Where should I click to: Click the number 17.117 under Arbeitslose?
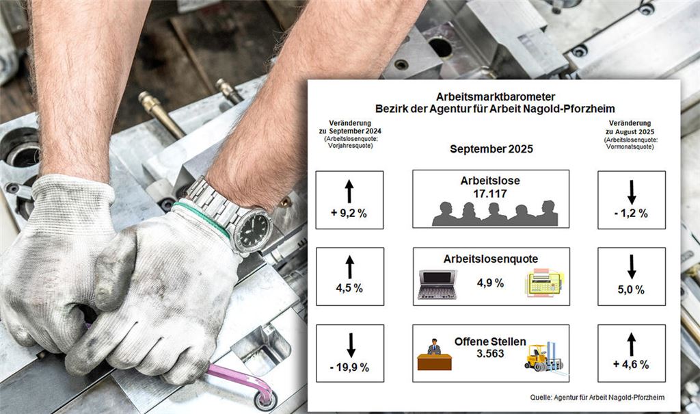pos(490,194)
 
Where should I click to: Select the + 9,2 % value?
pos(349,214)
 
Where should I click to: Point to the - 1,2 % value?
pos(631,214)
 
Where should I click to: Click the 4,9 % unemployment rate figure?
pos(490,283)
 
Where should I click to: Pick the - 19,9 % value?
pos(349,367)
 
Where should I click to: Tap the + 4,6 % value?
pos(631,364)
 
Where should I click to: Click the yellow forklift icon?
pos(543,357)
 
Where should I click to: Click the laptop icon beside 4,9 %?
pos(437,284)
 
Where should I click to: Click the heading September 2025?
pos(491,149)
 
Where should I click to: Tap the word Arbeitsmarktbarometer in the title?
pos(489,96)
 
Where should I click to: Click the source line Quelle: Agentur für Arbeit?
pos(597,397)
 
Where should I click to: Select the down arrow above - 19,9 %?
pos(351,345)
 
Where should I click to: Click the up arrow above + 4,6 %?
pos(631,344)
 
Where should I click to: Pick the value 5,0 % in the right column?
pos(631,289)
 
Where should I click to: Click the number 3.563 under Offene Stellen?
pos(490,353)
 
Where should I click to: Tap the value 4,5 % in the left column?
pos(349,288)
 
